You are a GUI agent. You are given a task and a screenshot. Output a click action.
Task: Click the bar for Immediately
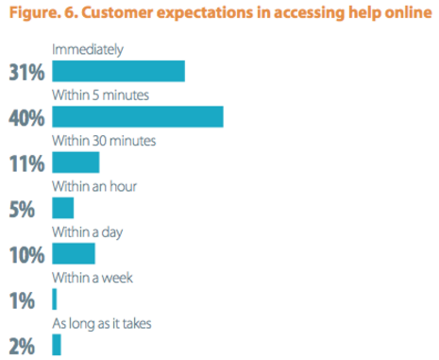tap(118, 71)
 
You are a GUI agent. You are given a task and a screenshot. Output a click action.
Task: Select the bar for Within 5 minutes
tap(138, 116)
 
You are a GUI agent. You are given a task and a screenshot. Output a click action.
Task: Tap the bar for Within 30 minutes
tap(76, 162)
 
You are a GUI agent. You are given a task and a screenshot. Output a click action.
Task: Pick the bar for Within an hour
tap(63, 207)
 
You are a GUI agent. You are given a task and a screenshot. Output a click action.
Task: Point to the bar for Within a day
tap(74, 253)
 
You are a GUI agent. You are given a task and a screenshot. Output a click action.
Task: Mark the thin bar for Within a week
tap(55, 299)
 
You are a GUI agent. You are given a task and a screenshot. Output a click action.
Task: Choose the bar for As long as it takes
tap(57, 344)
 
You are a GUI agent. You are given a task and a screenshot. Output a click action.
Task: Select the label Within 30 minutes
tap(105, 141)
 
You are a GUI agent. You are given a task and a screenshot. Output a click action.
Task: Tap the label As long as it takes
tap(103, 323)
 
